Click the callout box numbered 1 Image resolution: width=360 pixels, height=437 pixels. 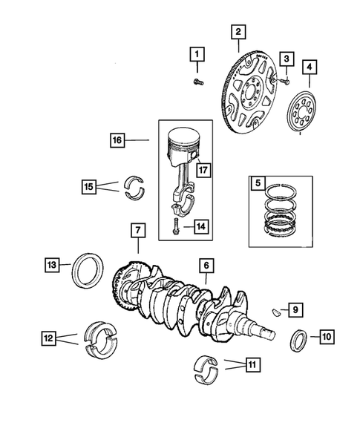click(x=197, y=53)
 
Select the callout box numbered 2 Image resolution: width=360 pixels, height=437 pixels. click(x=238, y=32)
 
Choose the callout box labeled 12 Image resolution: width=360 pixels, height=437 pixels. click(x=48, y=338)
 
